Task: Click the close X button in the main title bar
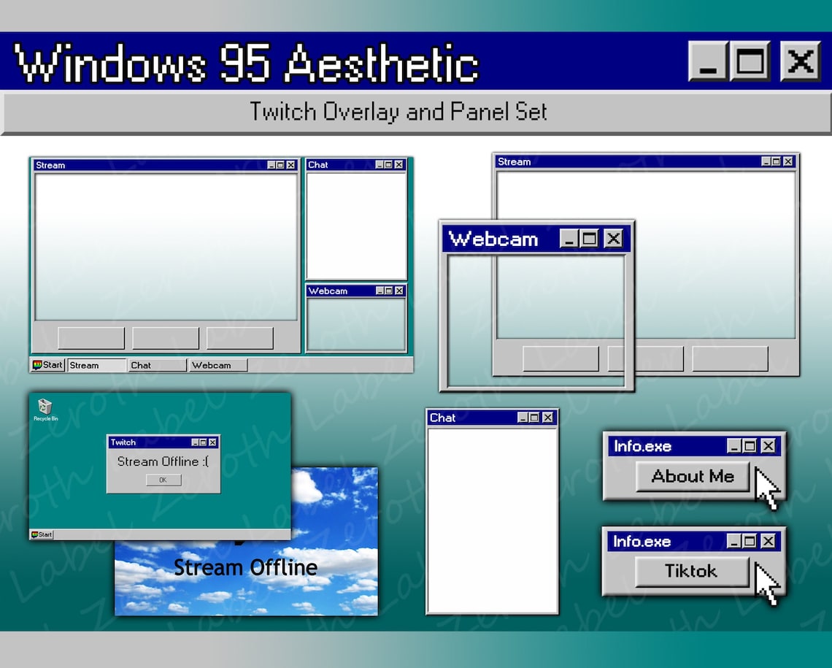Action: (801, 61)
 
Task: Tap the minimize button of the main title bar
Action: (707, 61)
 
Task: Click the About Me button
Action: (692, 477)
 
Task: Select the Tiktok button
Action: (691, 571)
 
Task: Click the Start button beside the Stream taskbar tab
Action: (48, 365)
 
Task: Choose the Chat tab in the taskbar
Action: (157, 365)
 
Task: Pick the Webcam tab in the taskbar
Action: (217, 365)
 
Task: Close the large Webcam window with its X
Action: (613, 239)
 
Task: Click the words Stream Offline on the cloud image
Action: (245, 567)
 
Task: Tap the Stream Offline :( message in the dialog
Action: (163, 461)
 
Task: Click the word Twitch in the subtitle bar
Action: (283, 112)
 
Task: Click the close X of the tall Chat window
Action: (548, 418)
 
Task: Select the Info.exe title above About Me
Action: (642, 446)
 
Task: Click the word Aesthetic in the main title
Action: (381, 63)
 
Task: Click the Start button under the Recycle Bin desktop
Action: (42, 534)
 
